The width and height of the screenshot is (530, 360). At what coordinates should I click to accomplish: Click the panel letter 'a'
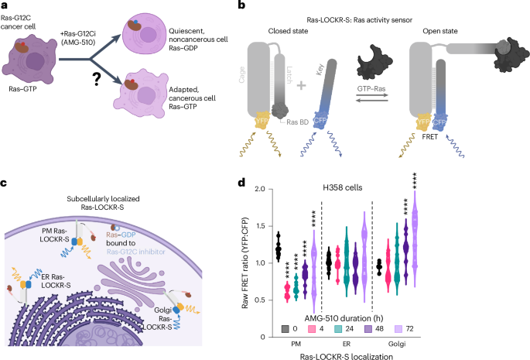5,7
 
